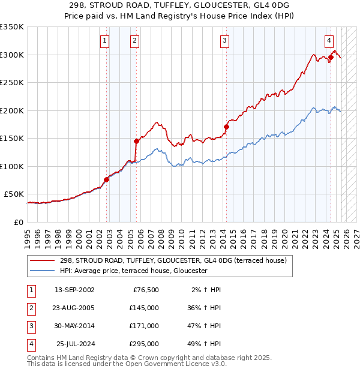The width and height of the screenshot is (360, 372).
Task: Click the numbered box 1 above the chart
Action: pyautogui.click(x=104, y=41)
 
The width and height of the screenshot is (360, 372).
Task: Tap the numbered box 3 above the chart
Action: pyautogui.click(x=224, y=41)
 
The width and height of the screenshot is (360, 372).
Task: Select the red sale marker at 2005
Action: pyautogui.click(x=136, y=141)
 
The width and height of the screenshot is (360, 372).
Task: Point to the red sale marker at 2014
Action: pyautogui.click(x=226, y=127)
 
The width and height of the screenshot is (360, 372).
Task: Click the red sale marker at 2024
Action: pyautogui.click(x=331, y=58)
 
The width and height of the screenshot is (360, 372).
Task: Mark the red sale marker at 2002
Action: pyautogui.click(x=106, y=179)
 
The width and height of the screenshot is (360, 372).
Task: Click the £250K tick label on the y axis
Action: pyautogui.click(x=12, y=83)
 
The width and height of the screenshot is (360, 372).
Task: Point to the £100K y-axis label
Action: pyautogui.click(x=12, y=166)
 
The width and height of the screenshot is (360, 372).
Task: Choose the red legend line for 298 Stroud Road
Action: pyautogui.click(x=43, y=260)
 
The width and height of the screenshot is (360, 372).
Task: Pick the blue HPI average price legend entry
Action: pyautogui.click(x=133, y=271)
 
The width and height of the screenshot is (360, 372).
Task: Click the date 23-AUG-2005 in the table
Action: pyautogui.click(x=74, y=307)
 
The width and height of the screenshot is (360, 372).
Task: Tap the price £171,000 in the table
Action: pyautogui.click(x=145, y=326)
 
